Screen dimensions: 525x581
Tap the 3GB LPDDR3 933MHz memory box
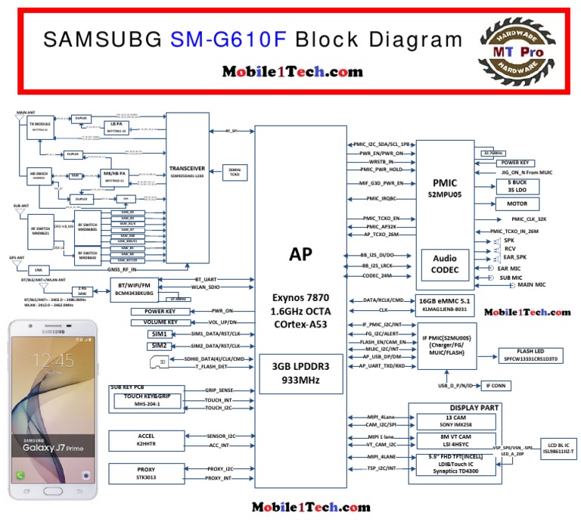300,372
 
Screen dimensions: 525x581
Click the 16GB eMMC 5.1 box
443,304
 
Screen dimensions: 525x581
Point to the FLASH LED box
527,356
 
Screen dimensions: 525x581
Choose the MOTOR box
517,204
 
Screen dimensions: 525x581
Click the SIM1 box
160,334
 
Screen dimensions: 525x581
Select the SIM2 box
160,346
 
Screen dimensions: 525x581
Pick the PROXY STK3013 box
146,474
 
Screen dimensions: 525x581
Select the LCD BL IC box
559,448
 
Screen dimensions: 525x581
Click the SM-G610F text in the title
228,39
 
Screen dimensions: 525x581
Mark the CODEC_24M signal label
378,275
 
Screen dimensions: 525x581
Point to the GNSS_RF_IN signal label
123,269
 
